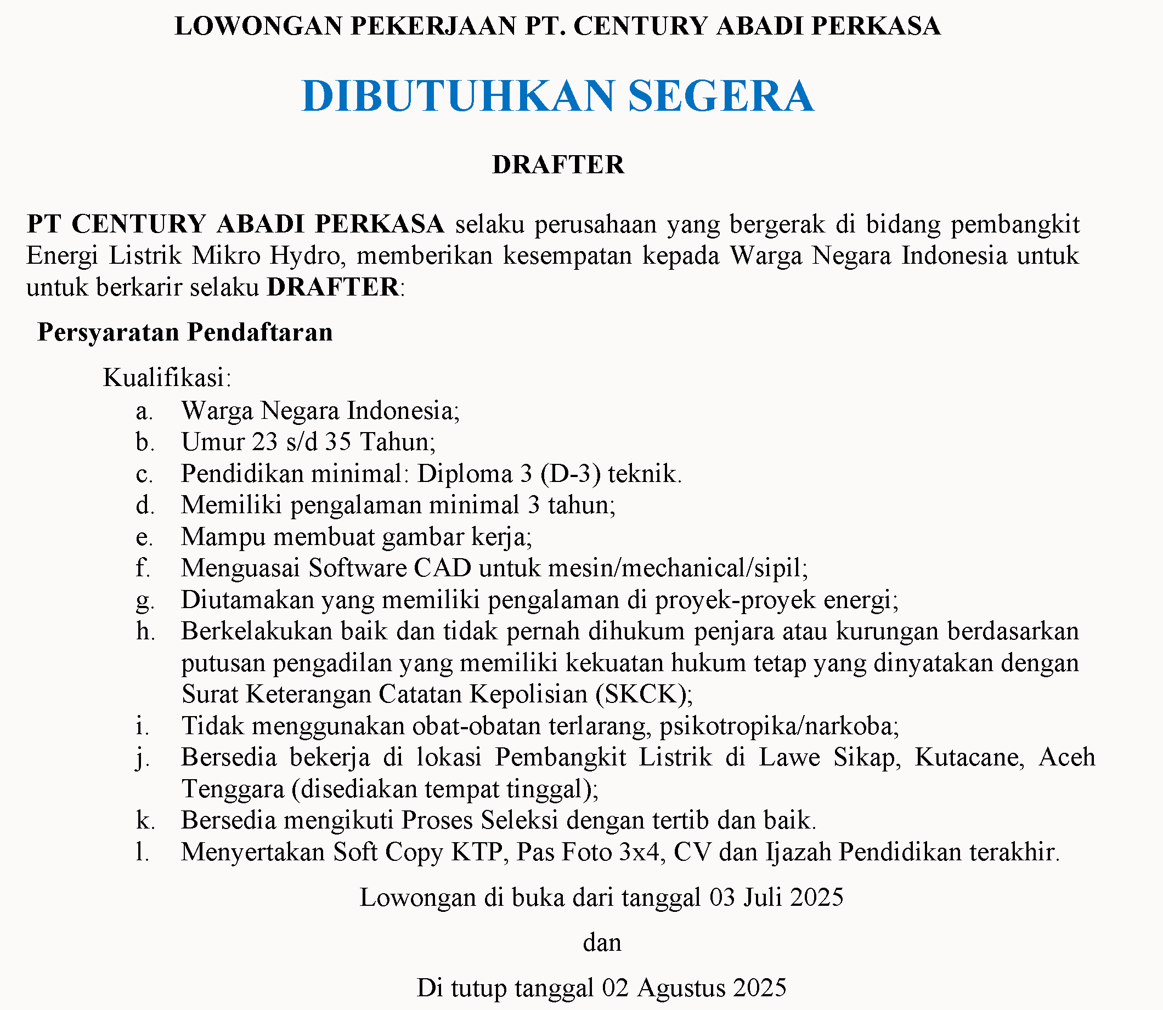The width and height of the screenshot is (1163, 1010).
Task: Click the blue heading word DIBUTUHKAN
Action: pyautogui.click(x=457, y=96)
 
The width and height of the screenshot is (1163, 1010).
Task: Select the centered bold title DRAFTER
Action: pyautogui.click(x=558, y=164)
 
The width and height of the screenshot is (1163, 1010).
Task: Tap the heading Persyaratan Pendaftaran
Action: pyautogui.click(x=185, y=332)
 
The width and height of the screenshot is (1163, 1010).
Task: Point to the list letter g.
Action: pyautogui.click(x=144, y=601)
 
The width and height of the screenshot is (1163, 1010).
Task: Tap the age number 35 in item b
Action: pyautogui.click(x=338, y=442)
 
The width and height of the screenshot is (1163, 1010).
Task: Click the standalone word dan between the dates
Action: pyautogui.click(x=602, y=943)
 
